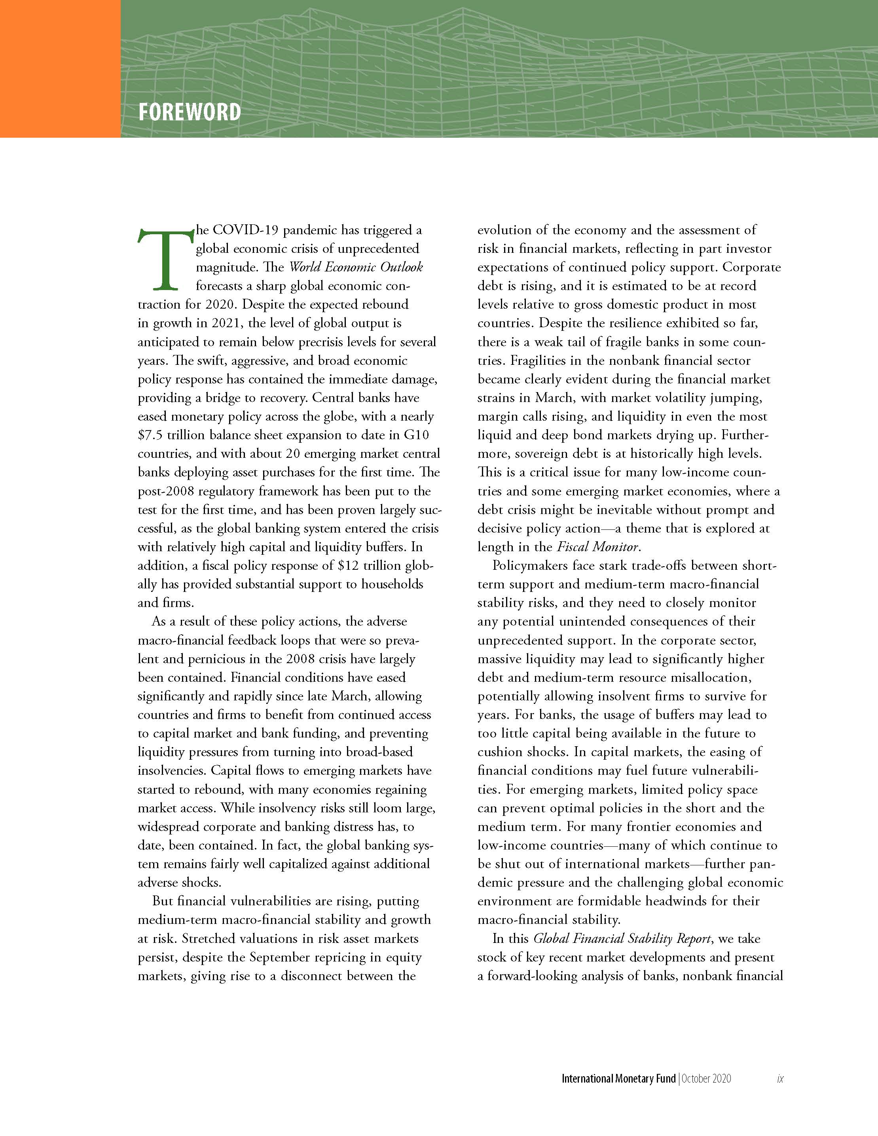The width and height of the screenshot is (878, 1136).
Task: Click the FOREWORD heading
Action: click(190, 112)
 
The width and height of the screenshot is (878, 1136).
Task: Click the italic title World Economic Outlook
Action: click(356, 267)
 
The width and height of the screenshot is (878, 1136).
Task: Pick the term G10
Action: click(417, 435)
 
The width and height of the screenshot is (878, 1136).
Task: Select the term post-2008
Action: click(167, 491)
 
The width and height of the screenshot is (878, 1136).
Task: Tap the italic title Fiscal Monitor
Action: click(597, 547)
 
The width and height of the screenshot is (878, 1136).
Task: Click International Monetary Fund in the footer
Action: click(618, 1078)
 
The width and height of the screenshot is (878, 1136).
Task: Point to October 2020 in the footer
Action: click(706, 1078)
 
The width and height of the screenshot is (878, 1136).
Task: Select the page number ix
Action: click(780, 1078)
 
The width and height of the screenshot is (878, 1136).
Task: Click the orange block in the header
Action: click(60, 69)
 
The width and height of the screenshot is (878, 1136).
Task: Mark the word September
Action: click(281, 957)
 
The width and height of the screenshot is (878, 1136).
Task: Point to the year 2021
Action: click(225, 323)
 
